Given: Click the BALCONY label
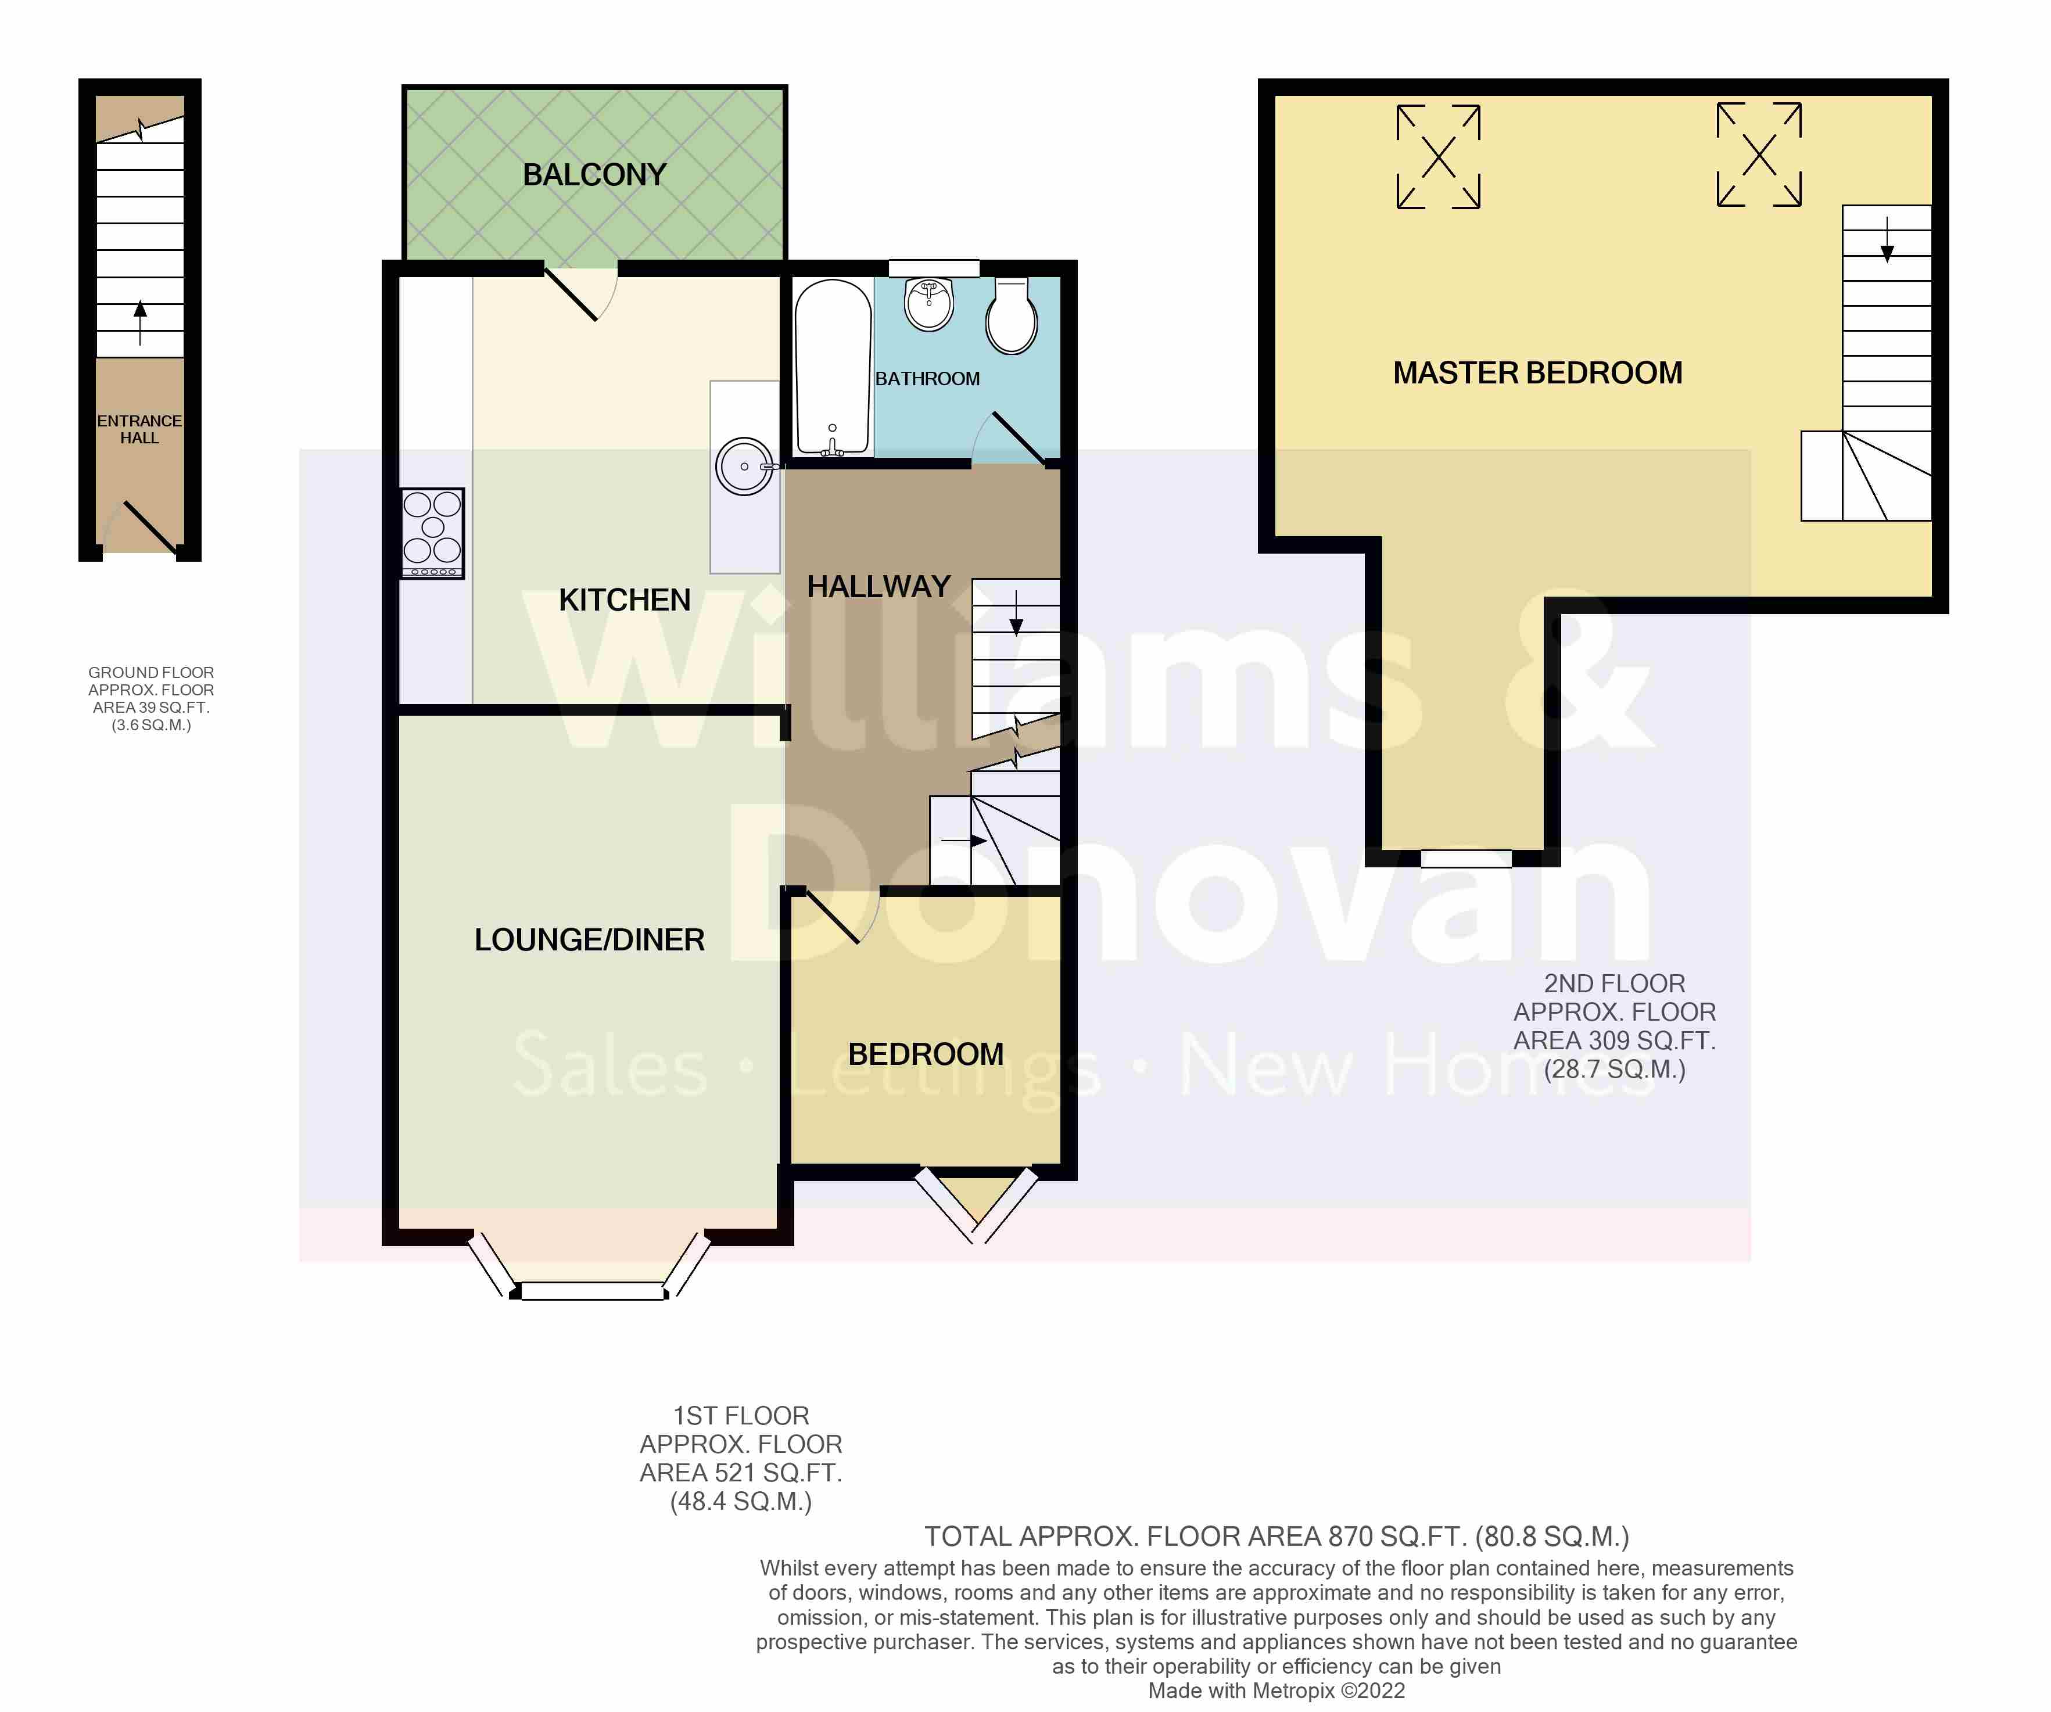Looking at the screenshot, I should (594, 175).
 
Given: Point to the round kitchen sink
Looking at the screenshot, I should (744, 467).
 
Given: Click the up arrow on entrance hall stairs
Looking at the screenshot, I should (139, 322).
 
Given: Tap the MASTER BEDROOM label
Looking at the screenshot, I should (1537, 373).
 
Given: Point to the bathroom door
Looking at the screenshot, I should (1016, 437).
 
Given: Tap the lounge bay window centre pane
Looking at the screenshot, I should (592, 1291).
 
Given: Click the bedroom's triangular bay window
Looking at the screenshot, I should (976, 1201).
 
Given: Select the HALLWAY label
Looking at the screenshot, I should (878, 587).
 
